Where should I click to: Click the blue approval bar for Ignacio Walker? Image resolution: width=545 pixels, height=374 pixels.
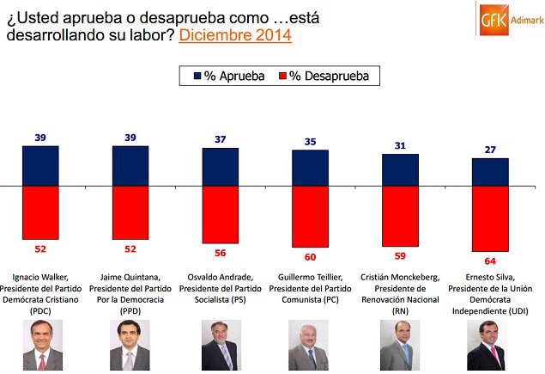(x=40, y=166)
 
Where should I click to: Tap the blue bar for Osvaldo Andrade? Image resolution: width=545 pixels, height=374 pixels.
(x=221, y=167)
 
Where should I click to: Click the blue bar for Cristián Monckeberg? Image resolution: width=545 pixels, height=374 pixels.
(x=400, y=170)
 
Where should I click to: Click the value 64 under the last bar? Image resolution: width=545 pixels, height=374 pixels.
(x=490, y=260)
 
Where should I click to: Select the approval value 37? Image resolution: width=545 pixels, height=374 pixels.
(x=221, y=139)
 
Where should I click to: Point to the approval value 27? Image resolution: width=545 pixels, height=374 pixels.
(x=490, y=150)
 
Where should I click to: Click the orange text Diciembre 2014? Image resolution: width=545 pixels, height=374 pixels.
(x=234, y=35)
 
